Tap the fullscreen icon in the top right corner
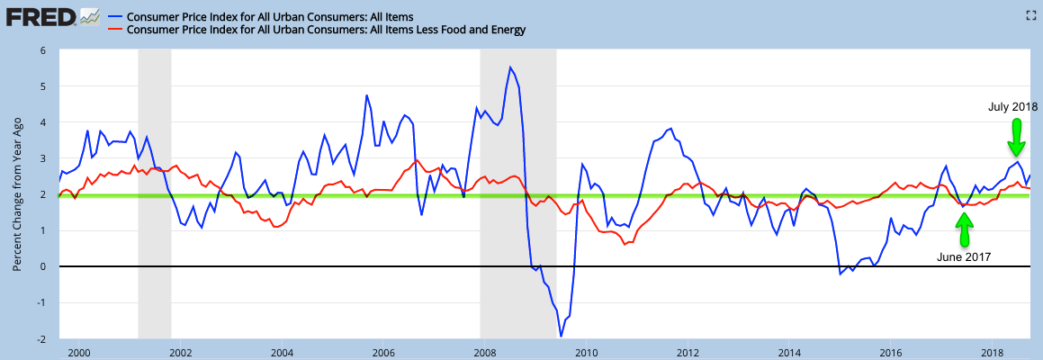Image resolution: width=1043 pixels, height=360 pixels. click(1031, 14)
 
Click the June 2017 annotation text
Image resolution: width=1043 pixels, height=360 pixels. click(964, 256)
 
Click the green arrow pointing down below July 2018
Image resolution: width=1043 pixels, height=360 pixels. click(1016, 137)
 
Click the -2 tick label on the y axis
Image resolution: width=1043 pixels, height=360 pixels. click(41, 339)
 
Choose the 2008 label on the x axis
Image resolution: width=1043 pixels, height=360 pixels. click(484, 351)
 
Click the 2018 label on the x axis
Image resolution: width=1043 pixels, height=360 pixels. click(993, 351)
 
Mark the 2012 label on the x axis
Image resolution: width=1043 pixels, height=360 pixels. click(688, 351)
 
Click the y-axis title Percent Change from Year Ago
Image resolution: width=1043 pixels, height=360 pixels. click(18, 195)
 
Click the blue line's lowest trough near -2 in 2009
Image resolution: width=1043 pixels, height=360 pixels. click(561, 337)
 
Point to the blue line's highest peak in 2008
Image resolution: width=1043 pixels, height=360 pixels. click(510, 67)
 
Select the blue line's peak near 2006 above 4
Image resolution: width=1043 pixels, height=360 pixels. click(366, 95)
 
